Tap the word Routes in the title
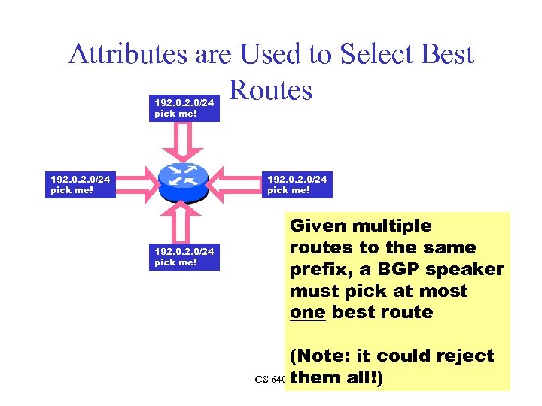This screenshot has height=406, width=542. pyautogui.click(x=270, y=90)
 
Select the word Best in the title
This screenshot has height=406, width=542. pyautogui.click(x=445, y=54)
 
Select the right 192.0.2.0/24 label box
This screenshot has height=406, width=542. pyautogui.click(x=298, y=184)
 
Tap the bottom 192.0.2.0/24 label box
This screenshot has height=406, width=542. pyautogui.click(x=185, y=256)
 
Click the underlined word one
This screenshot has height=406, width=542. pyautogui.click(x=307, y=312)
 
